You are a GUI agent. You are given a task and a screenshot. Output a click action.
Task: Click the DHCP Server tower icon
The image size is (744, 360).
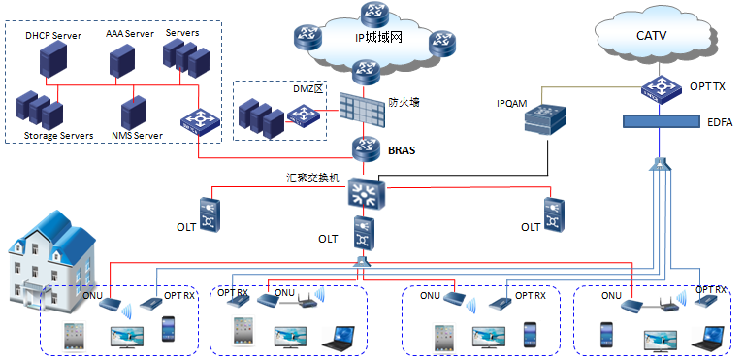coord(52,59)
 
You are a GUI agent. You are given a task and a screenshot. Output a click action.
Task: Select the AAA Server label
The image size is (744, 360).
coord(130,34)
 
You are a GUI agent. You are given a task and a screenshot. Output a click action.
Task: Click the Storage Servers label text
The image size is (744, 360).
coord(59,135)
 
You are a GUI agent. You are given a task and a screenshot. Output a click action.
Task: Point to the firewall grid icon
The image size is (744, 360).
coord(362,109)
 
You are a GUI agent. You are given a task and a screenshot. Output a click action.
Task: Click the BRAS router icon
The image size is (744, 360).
coord(364,149)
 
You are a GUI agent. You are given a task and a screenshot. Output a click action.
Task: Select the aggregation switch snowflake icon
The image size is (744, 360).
coord(365,194)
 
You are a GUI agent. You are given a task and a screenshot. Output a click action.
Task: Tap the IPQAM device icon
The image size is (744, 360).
coord(545,118)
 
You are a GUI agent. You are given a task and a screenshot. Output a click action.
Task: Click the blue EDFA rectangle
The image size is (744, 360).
coord(662,121)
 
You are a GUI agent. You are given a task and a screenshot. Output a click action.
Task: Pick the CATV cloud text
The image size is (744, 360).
coord(652,36)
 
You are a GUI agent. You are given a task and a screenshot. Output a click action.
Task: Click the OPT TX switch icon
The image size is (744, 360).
coord(661,88)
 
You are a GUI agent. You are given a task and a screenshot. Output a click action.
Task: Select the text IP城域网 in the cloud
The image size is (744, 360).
coord(378,37)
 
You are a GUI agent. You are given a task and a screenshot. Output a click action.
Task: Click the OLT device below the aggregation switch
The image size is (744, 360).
coord(365,233)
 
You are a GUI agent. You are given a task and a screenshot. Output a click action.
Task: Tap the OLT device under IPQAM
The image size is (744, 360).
coord(554,215)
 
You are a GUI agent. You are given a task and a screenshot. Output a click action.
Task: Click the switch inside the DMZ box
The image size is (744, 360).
coord(300,115)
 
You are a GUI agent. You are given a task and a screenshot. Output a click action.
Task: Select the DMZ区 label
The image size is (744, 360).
coord(308,89)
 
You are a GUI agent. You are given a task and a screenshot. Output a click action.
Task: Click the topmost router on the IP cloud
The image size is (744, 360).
coord(374,15)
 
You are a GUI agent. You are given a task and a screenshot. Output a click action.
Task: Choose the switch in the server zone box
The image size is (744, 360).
coord(200,120)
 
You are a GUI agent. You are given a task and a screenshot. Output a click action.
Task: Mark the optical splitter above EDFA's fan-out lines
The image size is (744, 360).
coord(660,164)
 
